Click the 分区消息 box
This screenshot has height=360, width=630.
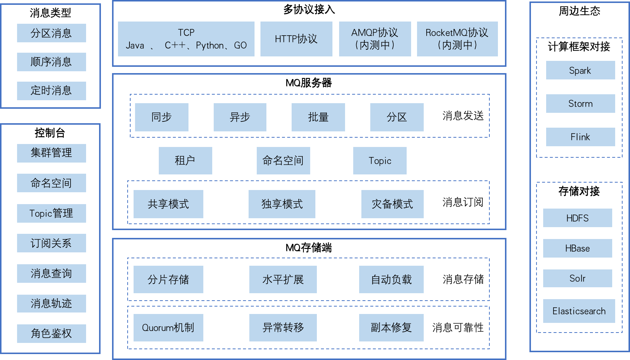pos(51,33)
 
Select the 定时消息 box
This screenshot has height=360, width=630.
pos(51,91)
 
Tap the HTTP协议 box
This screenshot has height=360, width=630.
pos(296,39)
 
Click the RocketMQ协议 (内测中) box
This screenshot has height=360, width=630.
pos(457,39)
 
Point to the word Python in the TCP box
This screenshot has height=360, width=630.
pos(210,46)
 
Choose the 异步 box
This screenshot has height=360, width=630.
pos(240,117)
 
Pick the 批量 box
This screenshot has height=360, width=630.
pos(318,117)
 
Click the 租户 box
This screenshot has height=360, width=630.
pos(185,161)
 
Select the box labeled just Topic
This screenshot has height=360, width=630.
pos(380,161)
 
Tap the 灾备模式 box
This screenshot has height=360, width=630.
pos(392,204)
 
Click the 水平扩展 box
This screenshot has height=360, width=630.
pos(283,279)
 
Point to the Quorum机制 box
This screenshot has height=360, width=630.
pos(168,328)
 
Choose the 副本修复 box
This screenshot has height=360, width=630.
pos(391,328)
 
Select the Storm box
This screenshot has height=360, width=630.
pos(580,104)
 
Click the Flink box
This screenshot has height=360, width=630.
pos(580,137)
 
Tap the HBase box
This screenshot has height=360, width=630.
pos(577,248)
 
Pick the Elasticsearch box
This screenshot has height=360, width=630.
pos(579,311)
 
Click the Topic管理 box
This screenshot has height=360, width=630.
pos(51,213)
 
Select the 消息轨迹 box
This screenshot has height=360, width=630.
pos(51,304)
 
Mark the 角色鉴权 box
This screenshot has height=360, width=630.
pos(51,334)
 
